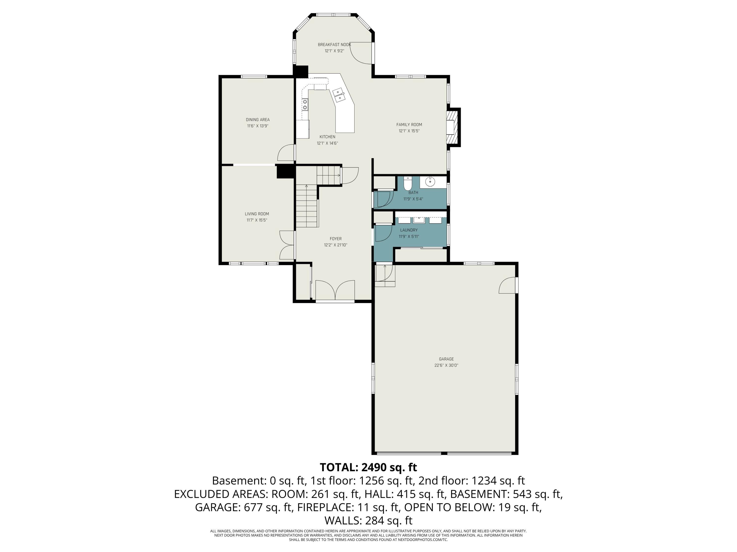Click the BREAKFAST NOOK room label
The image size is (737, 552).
(334, 45)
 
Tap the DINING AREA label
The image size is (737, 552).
(257, 120)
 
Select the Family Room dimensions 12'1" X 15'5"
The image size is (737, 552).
(409, 131)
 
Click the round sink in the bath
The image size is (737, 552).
(430, 182)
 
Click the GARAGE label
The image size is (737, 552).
(446, 359)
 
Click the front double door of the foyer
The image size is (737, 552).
(335, 290)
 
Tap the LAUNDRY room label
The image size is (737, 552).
(409, 230)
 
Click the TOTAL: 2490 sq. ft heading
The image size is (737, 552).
(368, 467)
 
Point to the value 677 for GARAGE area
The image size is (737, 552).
(253, 507)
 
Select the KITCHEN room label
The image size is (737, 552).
(327, 137)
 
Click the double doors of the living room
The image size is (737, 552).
(286, 245)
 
